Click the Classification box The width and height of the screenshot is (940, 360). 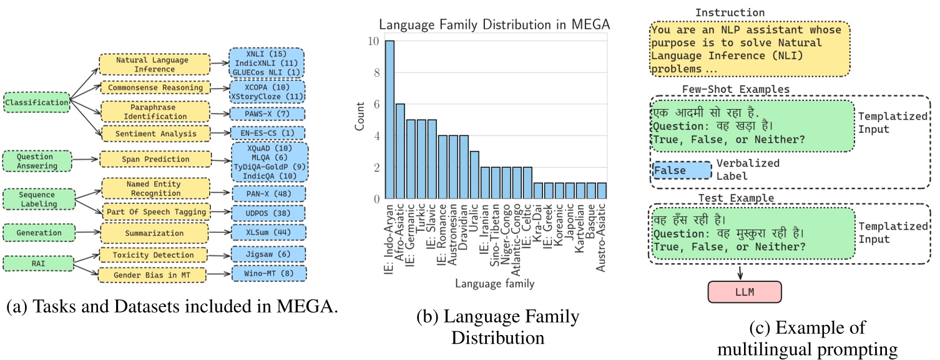tap(36, 101)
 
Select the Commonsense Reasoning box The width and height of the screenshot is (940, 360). tap(155, 87)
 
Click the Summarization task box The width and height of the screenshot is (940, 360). tap(155, 233)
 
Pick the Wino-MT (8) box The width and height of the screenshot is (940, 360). tap(268, 273)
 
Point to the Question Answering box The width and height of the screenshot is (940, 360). tap(36, 161)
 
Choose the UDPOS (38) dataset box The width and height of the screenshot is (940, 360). tap(268, 213)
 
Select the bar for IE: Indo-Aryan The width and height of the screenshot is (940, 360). tap(389, 120)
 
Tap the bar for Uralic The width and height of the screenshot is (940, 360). tap(475, 175)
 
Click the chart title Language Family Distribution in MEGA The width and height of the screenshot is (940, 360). tap(494, 25)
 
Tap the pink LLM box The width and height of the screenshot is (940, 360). tap(743, 292)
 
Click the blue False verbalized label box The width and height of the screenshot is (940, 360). tap(681, 170)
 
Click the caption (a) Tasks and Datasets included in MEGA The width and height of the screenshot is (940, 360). tap(175, 308)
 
